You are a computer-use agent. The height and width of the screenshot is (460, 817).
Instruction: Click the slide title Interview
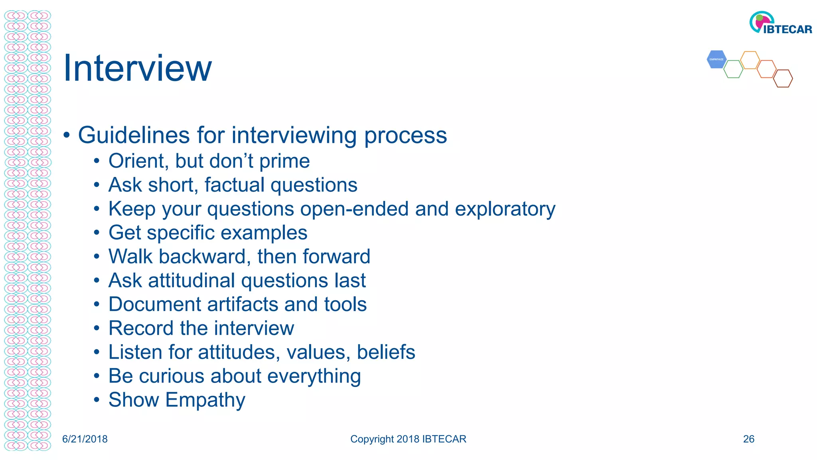point(137,69)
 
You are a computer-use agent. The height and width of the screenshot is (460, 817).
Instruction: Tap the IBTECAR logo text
point(787,30)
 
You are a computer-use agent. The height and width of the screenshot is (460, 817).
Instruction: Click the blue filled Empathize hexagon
point(716,59)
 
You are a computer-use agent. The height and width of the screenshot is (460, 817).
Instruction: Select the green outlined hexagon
point(733,69)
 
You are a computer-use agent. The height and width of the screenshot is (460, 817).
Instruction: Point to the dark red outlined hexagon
point(783,78)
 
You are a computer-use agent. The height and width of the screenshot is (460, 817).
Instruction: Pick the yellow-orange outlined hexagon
point(750,60)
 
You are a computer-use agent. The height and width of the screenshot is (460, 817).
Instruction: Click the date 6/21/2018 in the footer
point(85,439)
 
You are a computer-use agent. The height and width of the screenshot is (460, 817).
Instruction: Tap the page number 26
point(748,439)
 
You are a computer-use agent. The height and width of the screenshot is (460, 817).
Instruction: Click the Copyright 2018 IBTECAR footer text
point(408,439)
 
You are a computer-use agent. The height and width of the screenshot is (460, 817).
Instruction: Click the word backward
point(205,256)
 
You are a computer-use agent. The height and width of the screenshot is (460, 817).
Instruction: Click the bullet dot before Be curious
point(97,376)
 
